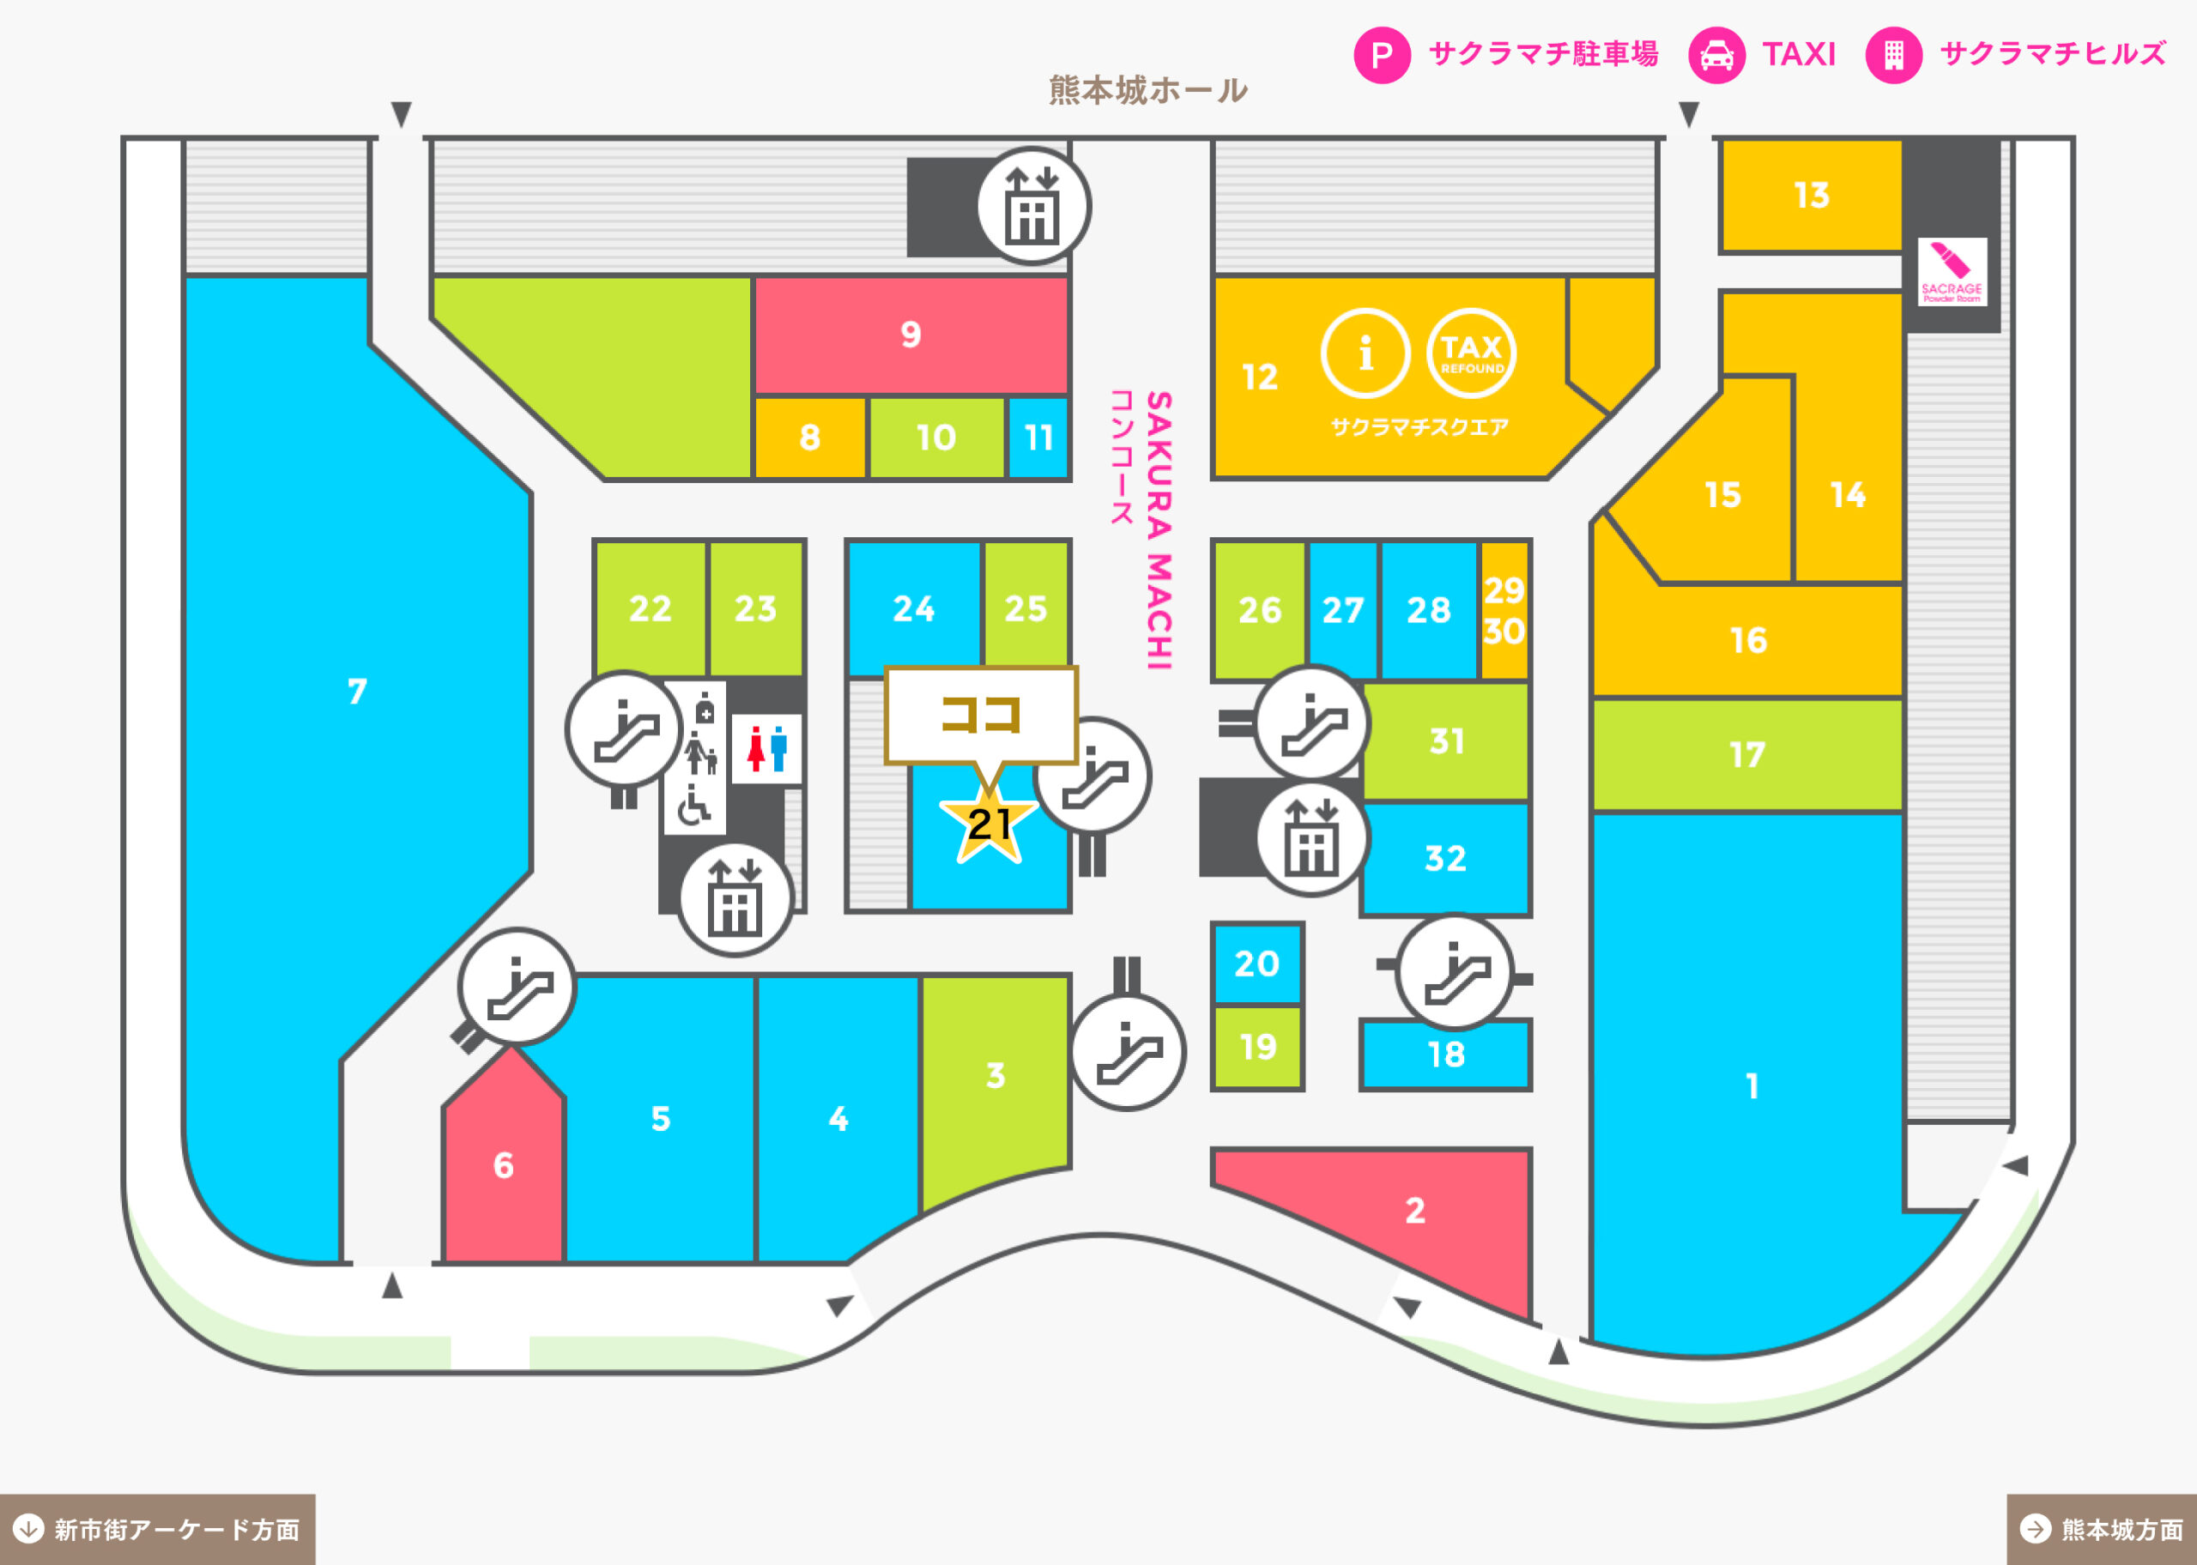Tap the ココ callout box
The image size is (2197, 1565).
[x=981, y=714]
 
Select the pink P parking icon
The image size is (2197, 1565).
[x=1382, y=55]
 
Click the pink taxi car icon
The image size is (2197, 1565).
[x=1716, y=55]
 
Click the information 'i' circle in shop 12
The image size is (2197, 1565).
[x=1365, y=353]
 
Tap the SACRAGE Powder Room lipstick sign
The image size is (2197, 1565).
[x=1952, y=272]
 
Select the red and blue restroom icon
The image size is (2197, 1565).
[x=767, y=749]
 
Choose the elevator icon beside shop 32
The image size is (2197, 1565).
[x=1312, y=838]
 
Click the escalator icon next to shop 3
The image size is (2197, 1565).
[x=1129, y=1052]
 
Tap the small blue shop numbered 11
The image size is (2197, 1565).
[x=1038, y=438]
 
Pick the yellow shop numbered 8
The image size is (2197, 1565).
[x=809, y=438]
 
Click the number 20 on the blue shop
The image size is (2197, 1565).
[x=1256, y=964]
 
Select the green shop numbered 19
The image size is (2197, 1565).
[x=1257, y=1048]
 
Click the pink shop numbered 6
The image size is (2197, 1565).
[x=503, y=1157]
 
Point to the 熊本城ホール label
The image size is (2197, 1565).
[x=1147, y=89]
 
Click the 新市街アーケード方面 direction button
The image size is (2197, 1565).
[x=157, y=1529]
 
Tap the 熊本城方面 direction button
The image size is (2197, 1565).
[x=2102, y=1529]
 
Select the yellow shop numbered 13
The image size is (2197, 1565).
[x=1811, y=196]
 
